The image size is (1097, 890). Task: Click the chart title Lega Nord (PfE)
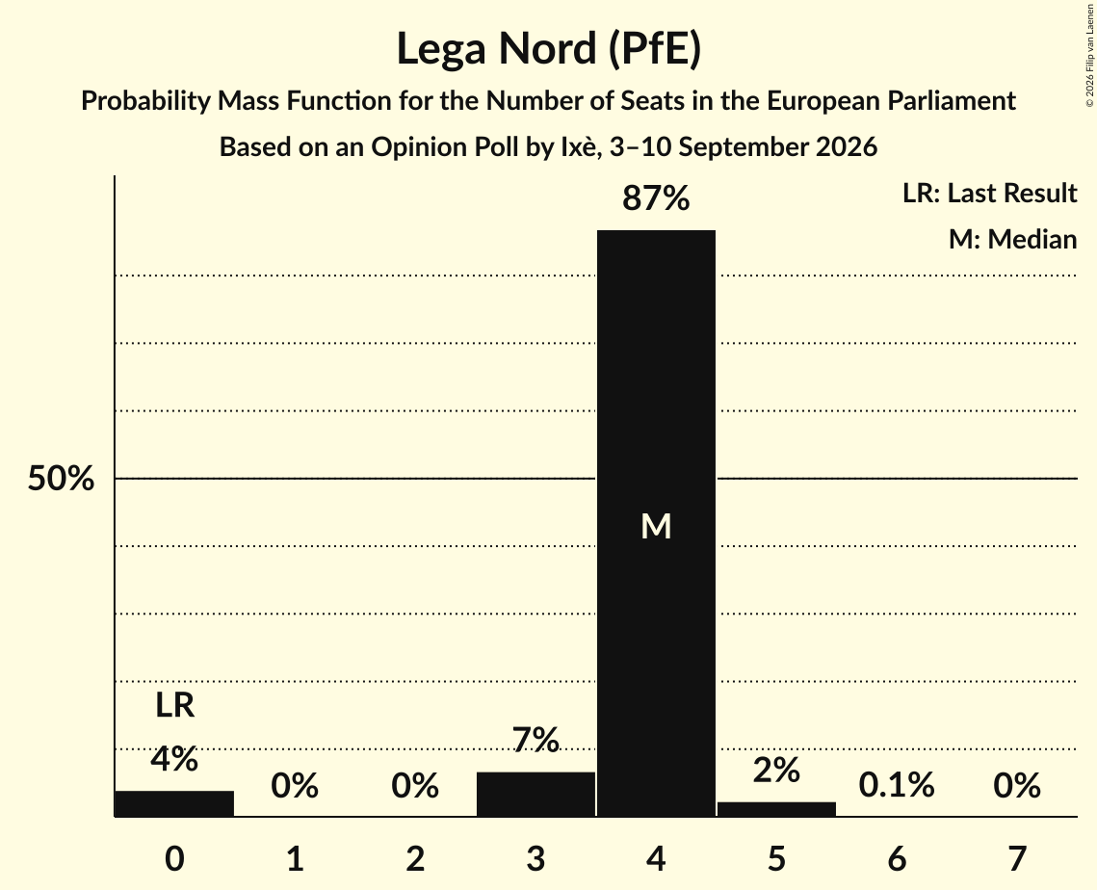click(x=549, y=49)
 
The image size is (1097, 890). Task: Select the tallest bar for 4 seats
click(x=656, y=523)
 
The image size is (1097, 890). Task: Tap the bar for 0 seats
click(x=174, y=803)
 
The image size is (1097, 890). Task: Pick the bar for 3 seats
click(x=535, y=794)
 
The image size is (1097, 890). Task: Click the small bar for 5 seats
click(x=776, y=809)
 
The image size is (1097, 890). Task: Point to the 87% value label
click(x=656, y=198)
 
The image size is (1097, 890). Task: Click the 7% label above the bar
click(x=535, y=740)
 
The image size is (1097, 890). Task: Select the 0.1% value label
click(x=897, y=785)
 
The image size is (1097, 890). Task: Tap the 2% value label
click(x=776, y=771)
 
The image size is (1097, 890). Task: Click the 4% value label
click(x=174, y=758)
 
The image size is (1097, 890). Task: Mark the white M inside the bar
click(x=656, y=526)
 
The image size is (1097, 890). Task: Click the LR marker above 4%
click(x=174, y=705)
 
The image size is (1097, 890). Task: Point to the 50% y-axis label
click(x=61, y=479)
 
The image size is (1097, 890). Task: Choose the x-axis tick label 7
click(x=1017, y=858)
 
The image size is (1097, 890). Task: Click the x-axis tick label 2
click(x=415, y=858)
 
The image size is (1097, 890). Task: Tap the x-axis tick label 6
click(x=897, y=858)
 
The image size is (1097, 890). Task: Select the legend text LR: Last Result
click(x=989, y=193)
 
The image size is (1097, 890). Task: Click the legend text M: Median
click(x=1012, y=239)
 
